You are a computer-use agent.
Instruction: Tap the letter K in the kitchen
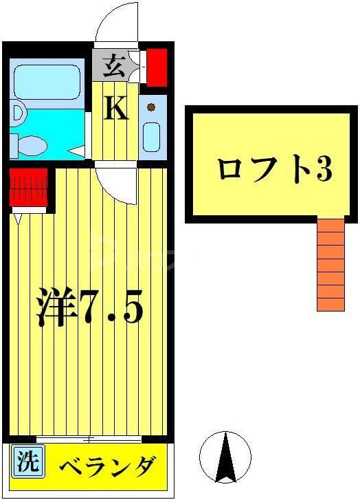(x=116, y=108)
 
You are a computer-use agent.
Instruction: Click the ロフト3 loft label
(x=274, y=168)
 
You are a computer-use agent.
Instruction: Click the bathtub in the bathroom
(x=47, y=82)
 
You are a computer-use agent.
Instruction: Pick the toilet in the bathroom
(x=30, y=144)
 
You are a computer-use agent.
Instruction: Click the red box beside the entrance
(x=157, y=66)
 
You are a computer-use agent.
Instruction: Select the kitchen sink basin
(x=151, y=135)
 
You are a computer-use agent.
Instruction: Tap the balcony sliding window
(x=89, y=439)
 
